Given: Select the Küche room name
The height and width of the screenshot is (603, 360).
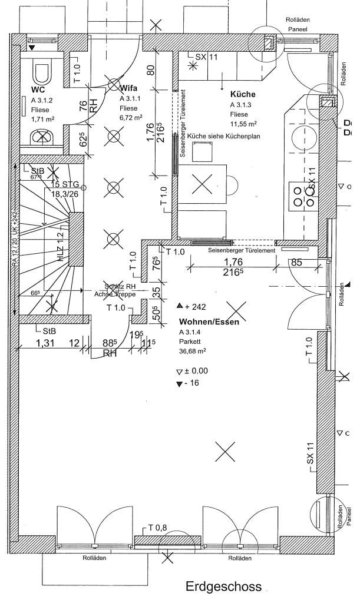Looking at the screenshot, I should tap(242, 94).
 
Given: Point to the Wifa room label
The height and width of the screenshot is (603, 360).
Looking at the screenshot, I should tap(129, 88).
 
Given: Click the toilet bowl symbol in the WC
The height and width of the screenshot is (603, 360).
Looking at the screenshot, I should tap(41, 72).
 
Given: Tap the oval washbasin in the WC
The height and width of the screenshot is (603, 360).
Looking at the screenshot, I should tap(42, 138).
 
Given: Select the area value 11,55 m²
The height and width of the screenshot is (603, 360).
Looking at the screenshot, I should tap(243, 124).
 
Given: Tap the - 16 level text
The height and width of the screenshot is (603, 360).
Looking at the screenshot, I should tap(193, 384).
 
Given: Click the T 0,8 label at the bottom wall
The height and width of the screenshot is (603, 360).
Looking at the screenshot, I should tap(158, 527).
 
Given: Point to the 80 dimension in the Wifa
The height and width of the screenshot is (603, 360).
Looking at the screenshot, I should tap(151, 69).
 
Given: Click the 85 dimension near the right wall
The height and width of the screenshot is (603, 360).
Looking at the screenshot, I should tap(298, 263).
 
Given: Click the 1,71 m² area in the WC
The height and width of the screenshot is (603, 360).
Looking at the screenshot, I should tap(42, 120).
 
